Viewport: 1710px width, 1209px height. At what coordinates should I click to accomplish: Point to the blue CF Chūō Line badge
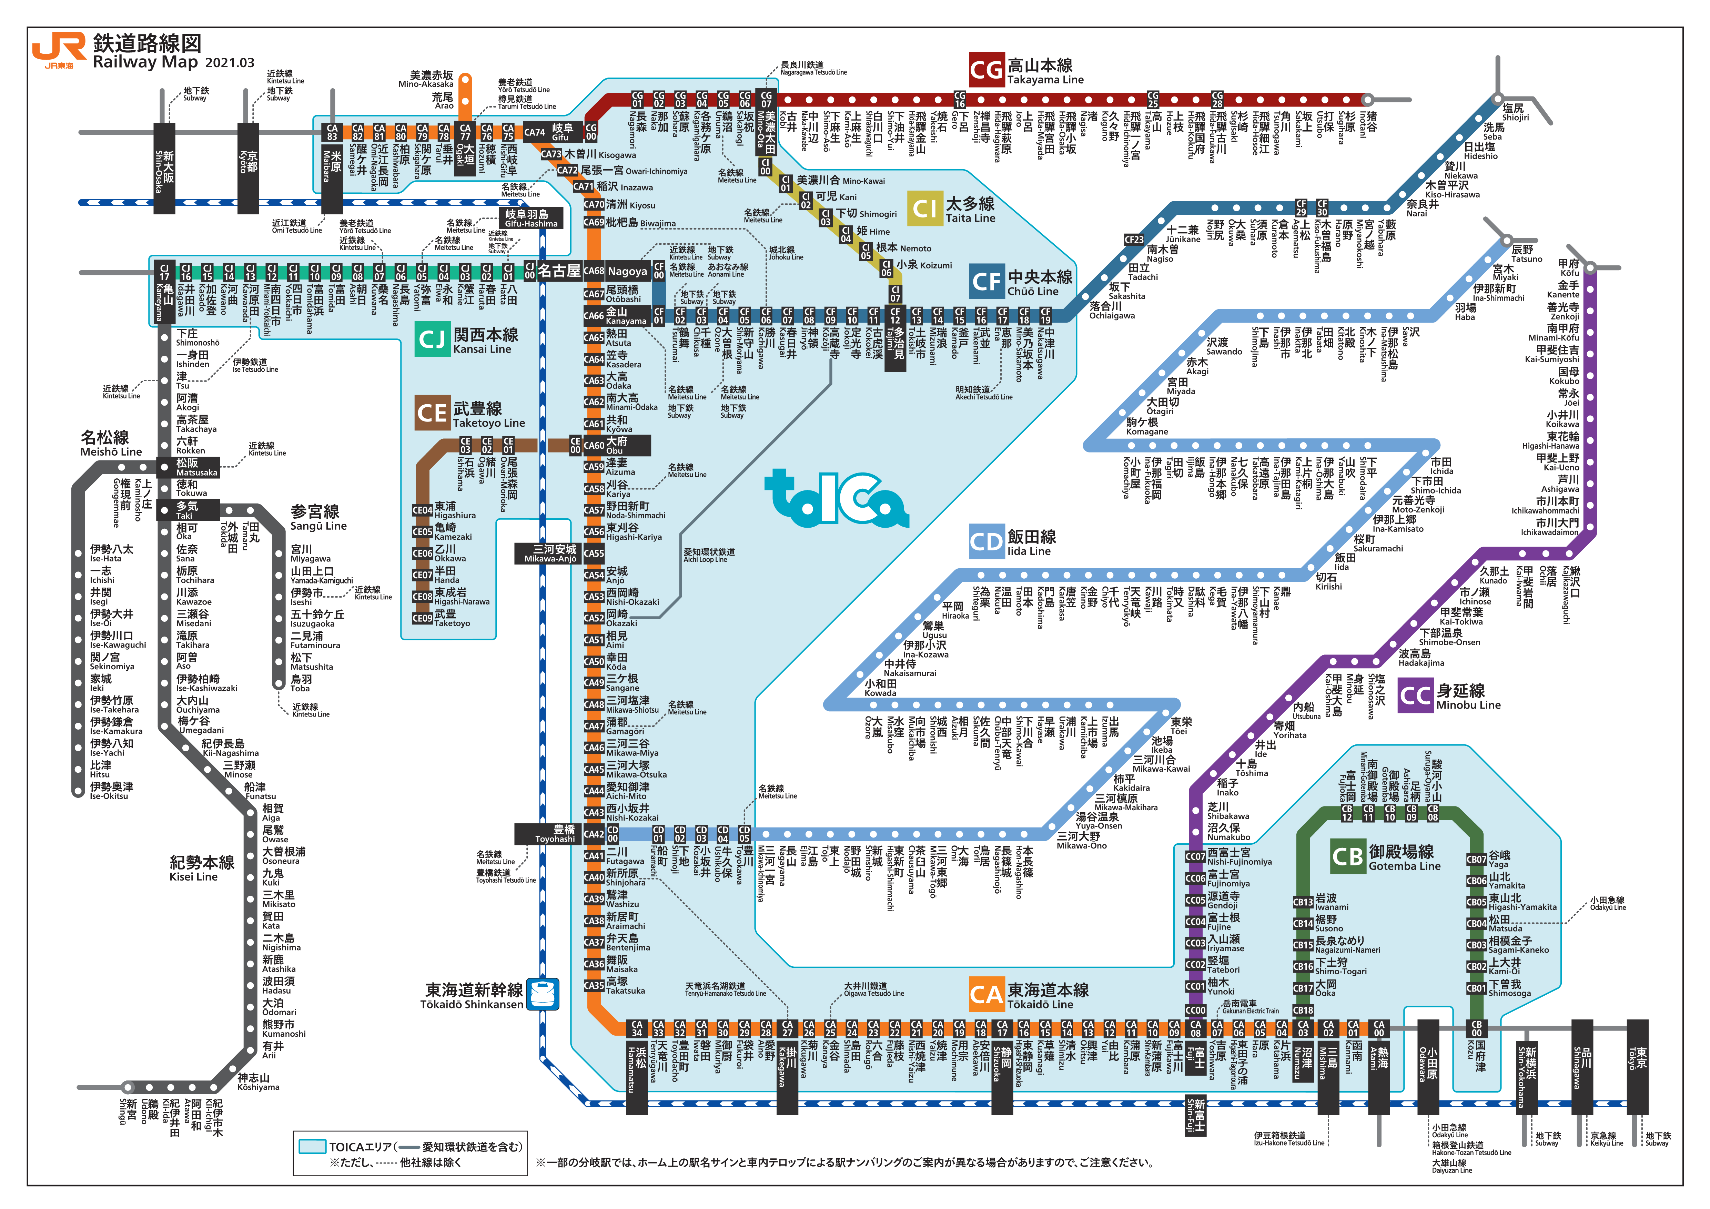coord(987,282)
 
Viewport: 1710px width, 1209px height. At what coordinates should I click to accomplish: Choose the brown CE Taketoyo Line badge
coord(432,413)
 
